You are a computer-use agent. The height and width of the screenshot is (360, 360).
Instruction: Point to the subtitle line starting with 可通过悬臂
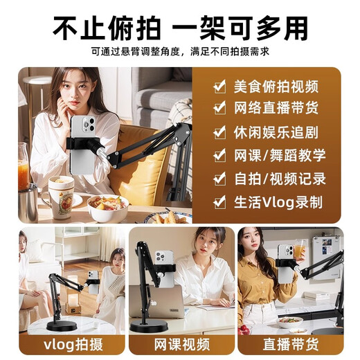point(180,51)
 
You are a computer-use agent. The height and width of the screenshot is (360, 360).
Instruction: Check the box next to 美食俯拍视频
point(219,86)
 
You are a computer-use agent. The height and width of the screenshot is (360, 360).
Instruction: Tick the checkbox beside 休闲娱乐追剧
point(219,132)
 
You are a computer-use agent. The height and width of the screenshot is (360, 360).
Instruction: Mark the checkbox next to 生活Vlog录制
point(219,202)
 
